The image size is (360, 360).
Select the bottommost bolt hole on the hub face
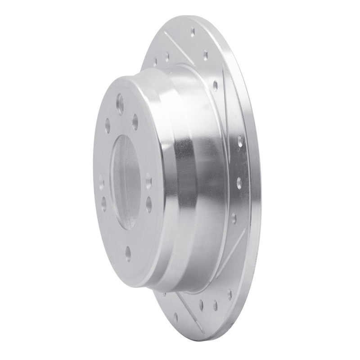[x=128, y=253]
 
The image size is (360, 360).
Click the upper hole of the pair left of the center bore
[x=102, y=184]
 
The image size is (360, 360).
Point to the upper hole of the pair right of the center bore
[x=148, y=181]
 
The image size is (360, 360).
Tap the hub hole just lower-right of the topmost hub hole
[x=135, y=122]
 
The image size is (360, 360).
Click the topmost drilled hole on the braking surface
[x=193, y=31]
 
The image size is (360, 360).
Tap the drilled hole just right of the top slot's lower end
[x=205, y=55]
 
